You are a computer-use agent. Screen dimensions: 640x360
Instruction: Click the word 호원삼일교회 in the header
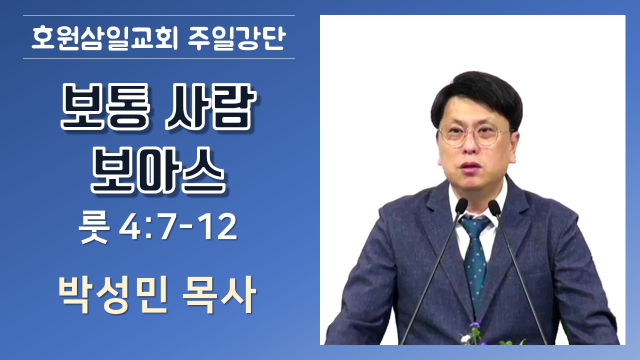click(x=105, y=38)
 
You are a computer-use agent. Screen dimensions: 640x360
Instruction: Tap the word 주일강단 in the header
click(x=237, y=38)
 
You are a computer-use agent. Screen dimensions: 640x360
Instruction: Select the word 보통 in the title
click(x=105, y=106)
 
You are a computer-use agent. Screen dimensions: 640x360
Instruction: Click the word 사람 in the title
click(x=210, y=106)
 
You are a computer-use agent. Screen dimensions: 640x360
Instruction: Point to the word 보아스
click(x=158, y=170)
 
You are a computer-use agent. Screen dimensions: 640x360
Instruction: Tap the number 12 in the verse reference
click(x=219, y=227)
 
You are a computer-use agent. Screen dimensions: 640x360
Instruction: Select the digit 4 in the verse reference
click(x=129, y=227)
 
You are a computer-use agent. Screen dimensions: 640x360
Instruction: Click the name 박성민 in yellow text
click(x=113, y=295)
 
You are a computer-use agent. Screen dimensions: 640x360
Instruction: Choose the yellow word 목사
click(x=219, y=295)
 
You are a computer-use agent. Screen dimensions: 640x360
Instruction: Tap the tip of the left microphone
click(x=461, y=205)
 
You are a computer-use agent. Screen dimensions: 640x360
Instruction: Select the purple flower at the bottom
click(x=475, y=325)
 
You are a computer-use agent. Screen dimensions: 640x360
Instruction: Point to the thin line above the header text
click(x=159, y=15)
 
